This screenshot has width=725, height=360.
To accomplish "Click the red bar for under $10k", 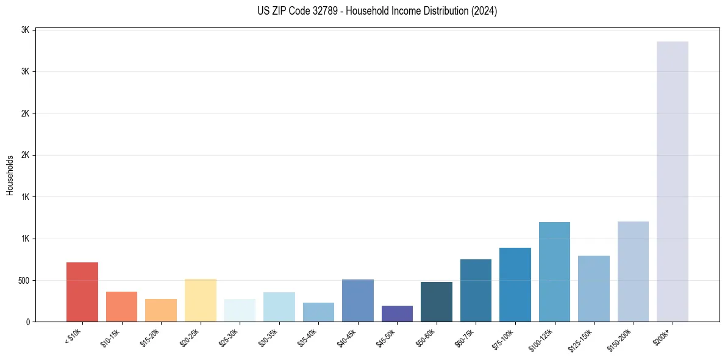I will click(x=82, y=292).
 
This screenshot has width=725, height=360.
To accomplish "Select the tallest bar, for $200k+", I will click(x=673, y=181).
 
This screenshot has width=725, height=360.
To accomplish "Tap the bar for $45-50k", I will click(x=397, y=314).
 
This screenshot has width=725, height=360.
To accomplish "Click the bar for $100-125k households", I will click(x=554, y=272).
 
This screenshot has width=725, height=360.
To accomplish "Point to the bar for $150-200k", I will click(x=633, y=272).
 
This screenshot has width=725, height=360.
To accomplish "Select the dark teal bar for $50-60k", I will click(x=437, y=301).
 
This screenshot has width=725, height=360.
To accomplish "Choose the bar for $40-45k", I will click(x=358, y=300).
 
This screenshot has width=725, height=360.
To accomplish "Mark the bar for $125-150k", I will click(x=594, y=289).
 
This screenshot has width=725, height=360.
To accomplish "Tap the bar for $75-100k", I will click(x=515, y=284).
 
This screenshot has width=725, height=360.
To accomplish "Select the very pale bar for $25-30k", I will click(x=240, y=310).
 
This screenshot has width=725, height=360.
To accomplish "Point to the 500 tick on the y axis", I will click(x=23, y=281).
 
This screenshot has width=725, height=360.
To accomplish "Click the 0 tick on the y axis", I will click(x=28, y=322).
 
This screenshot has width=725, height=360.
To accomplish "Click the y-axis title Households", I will click(x=10, y=175).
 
